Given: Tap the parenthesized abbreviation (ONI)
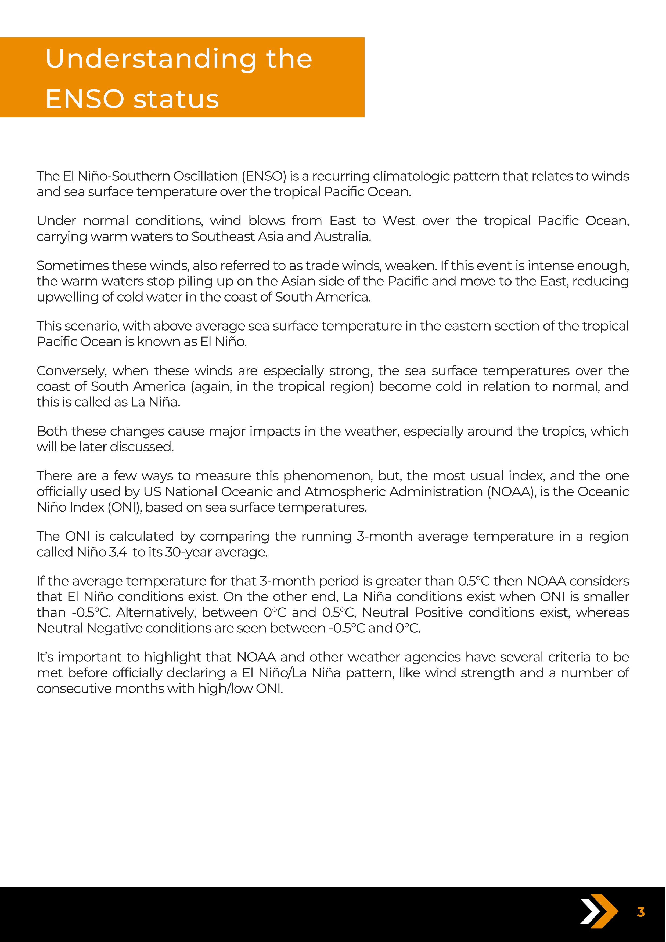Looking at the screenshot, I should tap(124, 508).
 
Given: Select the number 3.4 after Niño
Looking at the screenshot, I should tap(118, 552).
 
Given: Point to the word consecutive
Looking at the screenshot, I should tap(74, 689).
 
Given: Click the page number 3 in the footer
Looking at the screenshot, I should tap(640, 912).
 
